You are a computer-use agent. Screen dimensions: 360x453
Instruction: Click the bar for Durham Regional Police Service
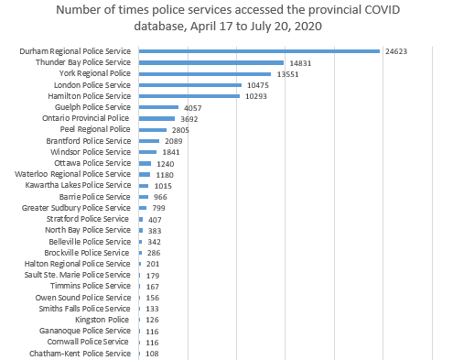pos(259,51)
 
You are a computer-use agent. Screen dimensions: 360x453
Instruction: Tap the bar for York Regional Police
pos(205,73)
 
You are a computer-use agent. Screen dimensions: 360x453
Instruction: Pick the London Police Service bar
pos(189,85)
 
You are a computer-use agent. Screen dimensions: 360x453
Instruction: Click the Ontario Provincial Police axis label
pos(87,118)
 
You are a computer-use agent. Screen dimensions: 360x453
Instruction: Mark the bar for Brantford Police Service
pos(148,141)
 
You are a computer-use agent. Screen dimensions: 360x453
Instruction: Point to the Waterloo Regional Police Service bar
pos(144,174)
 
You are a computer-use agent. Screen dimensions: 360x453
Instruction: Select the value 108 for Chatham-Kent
pos(153,353)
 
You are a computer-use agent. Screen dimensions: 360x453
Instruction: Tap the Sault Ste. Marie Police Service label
pos(77,275)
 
